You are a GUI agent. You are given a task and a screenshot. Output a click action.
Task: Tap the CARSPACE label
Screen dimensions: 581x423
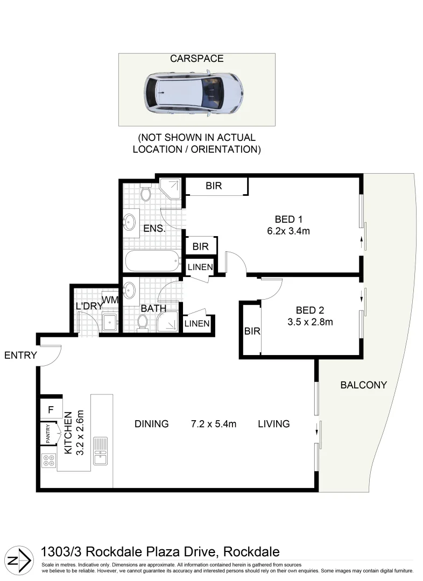pyautogui.click(x=196, y=59)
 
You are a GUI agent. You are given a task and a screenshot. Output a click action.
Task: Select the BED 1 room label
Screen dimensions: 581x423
pyautogui.click(x=288, y=219)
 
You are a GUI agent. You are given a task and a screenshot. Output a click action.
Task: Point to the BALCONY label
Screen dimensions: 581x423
pyautogui.click(x=363, y=385)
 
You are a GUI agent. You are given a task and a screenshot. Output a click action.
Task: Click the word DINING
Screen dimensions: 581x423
pyautogui.click(x=151, y=424)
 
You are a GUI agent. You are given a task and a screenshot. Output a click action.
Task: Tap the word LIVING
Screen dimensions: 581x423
pyautogui.click(x=273, y=424)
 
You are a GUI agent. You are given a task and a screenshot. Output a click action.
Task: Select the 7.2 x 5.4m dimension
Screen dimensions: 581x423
pyautogui.click(x=214, y=424)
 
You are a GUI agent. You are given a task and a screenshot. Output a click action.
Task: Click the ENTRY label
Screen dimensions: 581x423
pyautogui.click(x=20, y=355)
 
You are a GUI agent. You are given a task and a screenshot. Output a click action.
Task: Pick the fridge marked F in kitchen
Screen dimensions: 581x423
pyautogui.click(x=51, y=410)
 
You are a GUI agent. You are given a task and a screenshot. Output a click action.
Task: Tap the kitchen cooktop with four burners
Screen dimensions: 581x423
pyautogui.click(x=48, y=460)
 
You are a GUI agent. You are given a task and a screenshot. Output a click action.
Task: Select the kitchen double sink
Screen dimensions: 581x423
pyautogui.click(x=100, y=451)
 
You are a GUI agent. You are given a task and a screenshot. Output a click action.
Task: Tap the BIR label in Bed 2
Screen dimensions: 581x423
pyautogui.click(x=252, y=331)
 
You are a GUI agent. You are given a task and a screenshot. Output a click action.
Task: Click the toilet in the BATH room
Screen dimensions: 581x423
pyautogui.click(x=143, y=322)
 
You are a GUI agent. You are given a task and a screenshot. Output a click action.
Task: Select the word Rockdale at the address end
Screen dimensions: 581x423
pyautogui.click(x=251, y=552)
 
